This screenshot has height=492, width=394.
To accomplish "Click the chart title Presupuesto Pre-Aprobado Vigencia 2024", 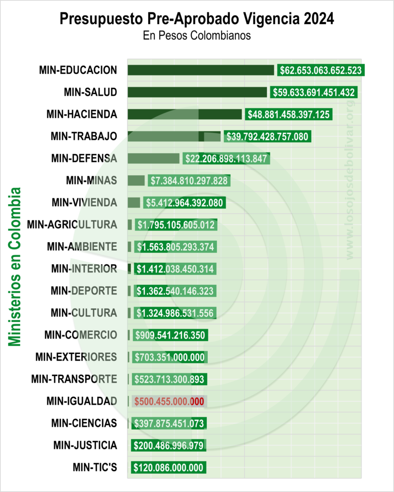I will (197, 19).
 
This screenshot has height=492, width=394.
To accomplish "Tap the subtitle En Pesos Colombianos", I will (197, 36).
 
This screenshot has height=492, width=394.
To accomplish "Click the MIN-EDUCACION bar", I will (201, 70).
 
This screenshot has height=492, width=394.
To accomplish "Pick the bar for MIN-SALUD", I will (197, 92).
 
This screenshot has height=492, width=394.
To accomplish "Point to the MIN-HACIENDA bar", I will (185, 114).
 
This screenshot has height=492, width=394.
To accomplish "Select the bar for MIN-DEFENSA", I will (153, 158).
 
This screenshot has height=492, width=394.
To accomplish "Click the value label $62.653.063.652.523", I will (320, 70).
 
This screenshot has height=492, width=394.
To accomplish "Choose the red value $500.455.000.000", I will (169, 401).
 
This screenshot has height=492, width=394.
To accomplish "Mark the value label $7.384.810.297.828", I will (189, 181).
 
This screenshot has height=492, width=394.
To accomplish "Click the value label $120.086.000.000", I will (168, 467).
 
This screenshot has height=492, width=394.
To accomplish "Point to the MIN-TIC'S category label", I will (95, 467).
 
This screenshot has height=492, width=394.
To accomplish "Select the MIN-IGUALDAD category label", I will (82, 401).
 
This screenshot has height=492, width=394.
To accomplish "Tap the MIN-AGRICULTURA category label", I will (72, 224).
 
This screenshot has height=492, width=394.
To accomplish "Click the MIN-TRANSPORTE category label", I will (74, 379).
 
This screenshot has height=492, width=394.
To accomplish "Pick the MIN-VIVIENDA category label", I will (84, 202).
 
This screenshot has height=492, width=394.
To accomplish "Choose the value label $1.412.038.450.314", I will (175, 269).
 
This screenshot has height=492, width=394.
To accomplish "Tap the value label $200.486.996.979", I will (168, 445).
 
